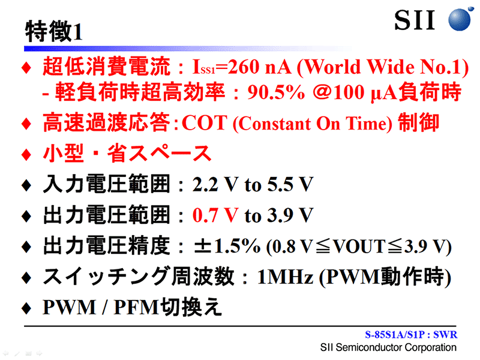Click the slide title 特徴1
point(54,31)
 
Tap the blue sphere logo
point(460,19)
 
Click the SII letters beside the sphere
point(415,20)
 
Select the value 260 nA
point(259,67)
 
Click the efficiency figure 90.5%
point(276,92)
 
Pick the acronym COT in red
point(205,123)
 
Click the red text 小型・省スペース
point(127,153)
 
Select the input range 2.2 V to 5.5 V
point(253,184)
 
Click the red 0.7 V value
point(215,215)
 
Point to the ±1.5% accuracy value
point(227,246)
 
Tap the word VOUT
point(359,246)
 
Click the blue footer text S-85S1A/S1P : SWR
point(411,335)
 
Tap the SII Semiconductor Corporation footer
point(388,347)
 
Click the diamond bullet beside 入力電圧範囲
point(26,185)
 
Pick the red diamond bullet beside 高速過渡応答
point(26,124)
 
